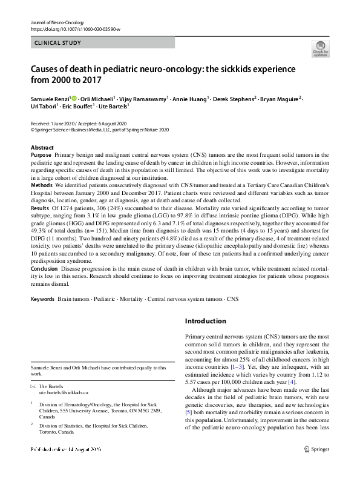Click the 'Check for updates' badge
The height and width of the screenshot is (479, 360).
[x=319, y=48]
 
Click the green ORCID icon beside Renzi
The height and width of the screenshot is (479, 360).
[x=74, y=97]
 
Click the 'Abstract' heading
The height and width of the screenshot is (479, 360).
[x=42, y=148]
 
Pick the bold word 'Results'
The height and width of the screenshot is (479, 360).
[x=40, y=207]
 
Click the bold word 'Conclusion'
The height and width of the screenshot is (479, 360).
[x=44, y=268]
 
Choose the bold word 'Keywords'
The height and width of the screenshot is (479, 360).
[x=42, y=299]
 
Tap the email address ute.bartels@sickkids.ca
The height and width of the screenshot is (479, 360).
[x=64, y=392]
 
